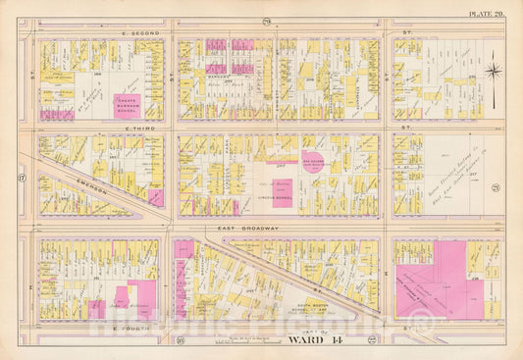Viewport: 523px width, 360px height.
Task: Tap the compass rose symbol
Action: click(494, 70)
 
